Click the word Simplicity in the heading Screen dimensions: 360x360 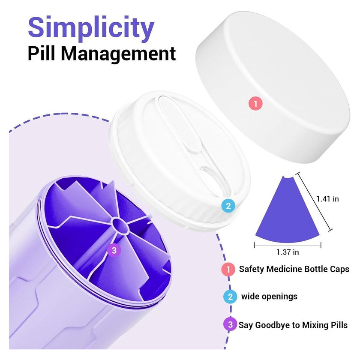(91, 28)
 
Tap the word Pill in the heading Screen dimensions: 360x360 (42, 54)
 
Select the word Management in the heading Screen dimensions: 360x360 (118, 54)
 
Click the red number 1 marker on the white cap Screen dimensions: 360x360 (255, 103)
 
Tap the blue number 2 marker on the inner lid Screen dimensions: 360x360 (228, 206)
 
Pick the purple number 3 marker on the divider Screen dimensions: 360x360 (114, 250)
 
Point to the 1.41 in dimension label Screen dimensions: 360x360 (327, 199)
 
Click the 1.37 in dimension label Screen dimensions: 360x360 (288, 252)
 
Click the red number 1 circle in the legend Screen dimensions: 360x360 (228, 269)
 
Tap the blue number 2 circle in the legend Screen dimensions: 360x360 (230, 297)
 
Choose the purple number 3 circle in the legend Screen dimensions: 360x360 (230, 324)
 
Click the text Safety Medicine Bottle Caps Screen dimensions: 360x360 (294, 269)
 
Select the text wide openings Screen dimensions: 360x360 (269, 297)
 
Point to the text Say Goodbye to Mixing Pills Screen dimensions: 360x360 (293, 325)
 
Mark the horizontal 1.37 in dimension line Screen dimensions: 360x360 (288, 245)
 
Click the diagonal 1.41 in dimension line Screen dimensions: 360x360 (314, 201)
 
